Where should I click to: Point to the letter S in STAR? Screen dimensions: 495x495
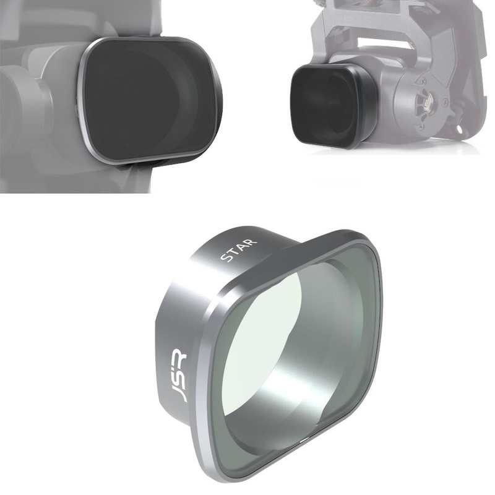[224, 257]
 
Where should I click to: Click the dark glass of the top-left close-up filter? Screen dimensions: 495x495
[145, 99]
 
